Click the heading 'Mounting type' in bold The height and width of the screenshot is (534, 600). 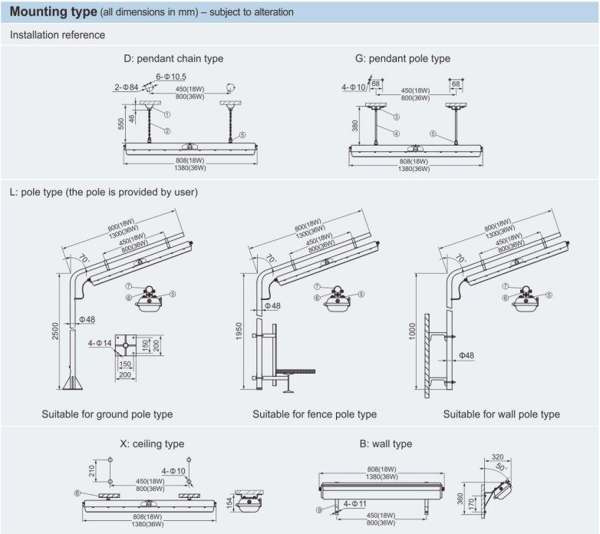coord(53,12)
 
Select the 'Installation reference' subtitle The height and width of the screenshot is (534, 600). coord(58,35)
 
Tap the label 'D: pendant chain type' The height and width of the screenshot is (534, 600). coord(173,58)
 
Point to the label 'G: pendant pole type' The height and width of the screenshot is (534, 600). coord(403,58)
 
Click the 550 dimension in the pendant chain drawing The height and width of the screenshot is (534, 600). coord(121,124)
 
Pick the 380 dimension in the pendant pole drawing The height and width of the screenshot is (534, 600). coord(355,126)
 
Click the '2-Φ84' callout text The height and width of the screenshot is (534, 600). coord(127,87)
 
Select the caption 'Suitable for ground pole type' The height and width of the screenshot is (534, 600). coord(107,414)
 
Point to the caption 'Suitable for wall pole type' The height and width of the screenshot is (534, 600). coord(501,414)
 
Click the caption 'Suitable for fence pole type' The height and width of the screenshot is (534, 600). coord(315,414)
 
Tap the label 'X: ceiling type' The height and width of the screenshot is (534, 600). coord(152,443)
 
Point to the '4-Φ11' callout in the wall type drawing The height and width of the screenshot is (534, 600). coord(354,504)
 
